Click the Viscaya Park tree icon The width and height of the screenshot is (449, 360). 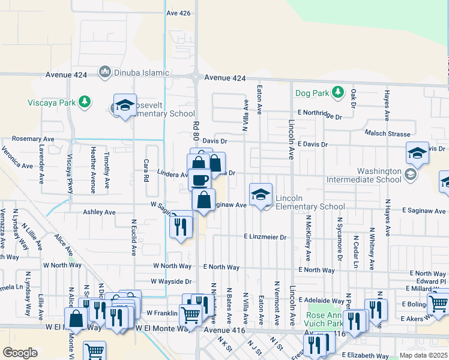(x=86, y=101)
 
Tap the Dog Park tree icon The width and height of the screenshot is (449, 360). (x=339, y=92)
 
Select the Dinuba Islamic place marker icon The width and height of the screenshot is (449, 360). (x=105, y=73)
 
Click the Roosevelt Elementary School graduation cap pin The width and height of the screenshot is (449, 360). (x=125, y=106)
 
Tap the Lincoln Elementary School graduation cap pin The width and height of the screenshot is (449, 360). (x=261, y=195)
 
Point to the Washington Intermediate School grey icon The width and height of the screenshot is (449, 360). (x=411, y=175)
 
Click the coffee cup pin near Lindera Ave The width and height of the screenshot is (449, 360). (x=199, y=179)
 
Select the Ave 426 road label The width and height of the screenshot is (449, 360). (x=178, y=13)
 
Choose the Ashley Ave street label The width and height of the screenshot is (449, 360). (x=99, y=212)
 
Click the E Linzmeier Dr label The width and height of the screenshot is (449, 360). (x=265, y=237)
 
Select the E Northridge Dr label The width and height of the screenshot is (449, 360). (x=319, y=112)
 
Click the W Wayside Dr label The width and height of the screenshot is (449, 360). (x=171, y=281)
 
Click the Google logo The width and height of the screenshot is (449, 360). (x=20, y=353)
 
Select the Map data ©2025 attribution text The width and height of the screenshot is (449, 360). (x=423, y=355)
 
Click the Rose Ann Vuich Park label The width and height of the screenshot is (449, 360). (x=325, y=319)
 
